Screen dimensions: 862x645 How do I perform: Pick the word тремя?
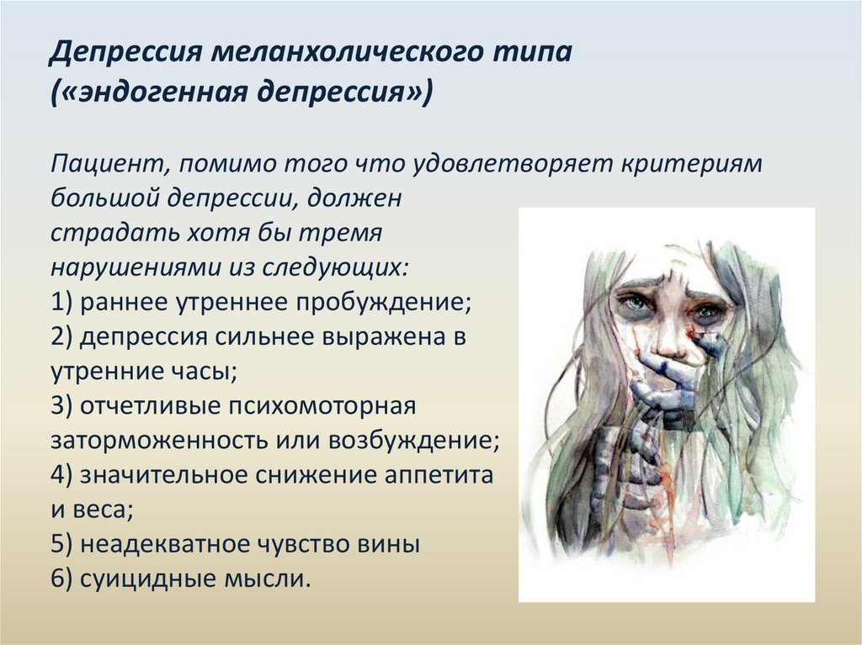pos(340,234)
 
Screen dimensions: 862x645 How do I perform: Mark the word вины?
pos(389,545)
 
